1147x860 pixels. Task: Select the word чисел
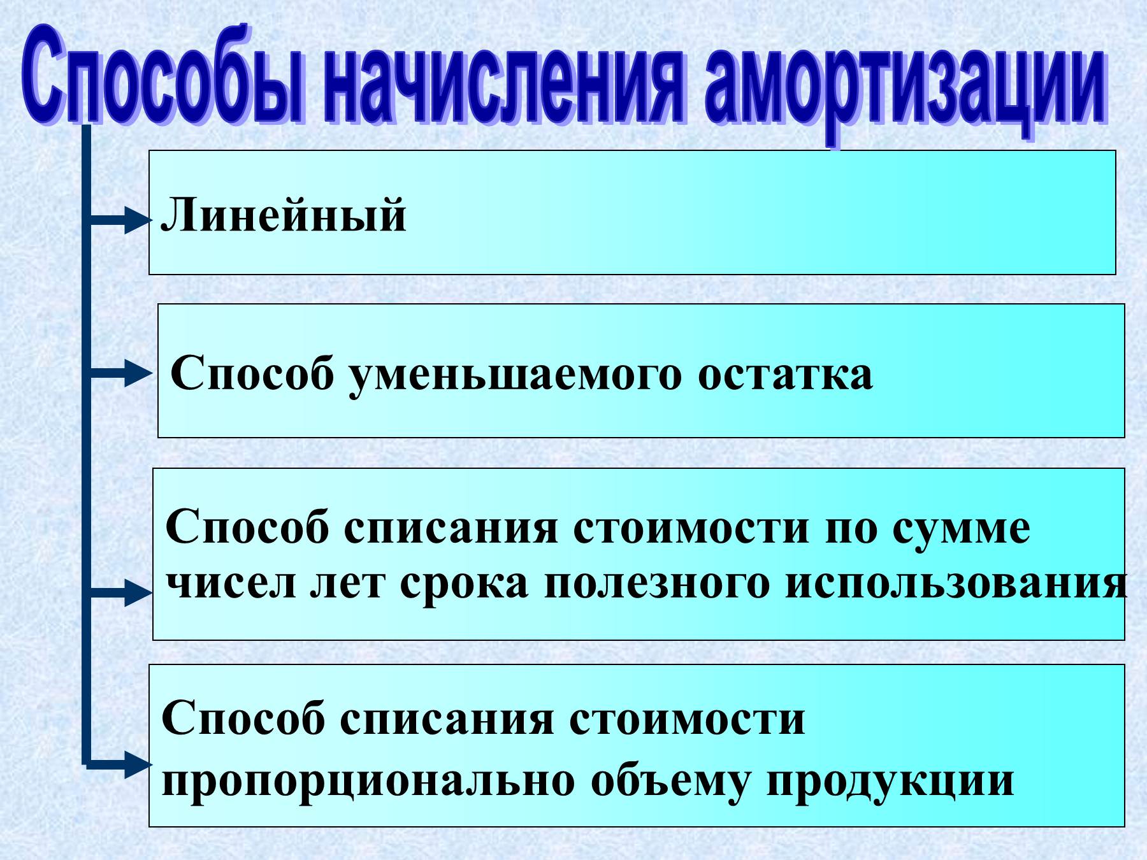[231, 583]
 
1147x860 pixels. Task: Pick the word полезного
[657, 583]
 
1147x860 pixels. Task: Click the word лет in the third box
[348, 583]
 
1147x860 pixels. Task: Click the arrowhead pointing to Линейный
[136, 220]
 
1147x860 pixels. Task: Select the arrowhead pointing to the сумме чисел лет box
[138, 592]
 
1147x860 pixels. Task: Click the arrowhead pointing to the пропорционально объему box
[138, 763]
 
